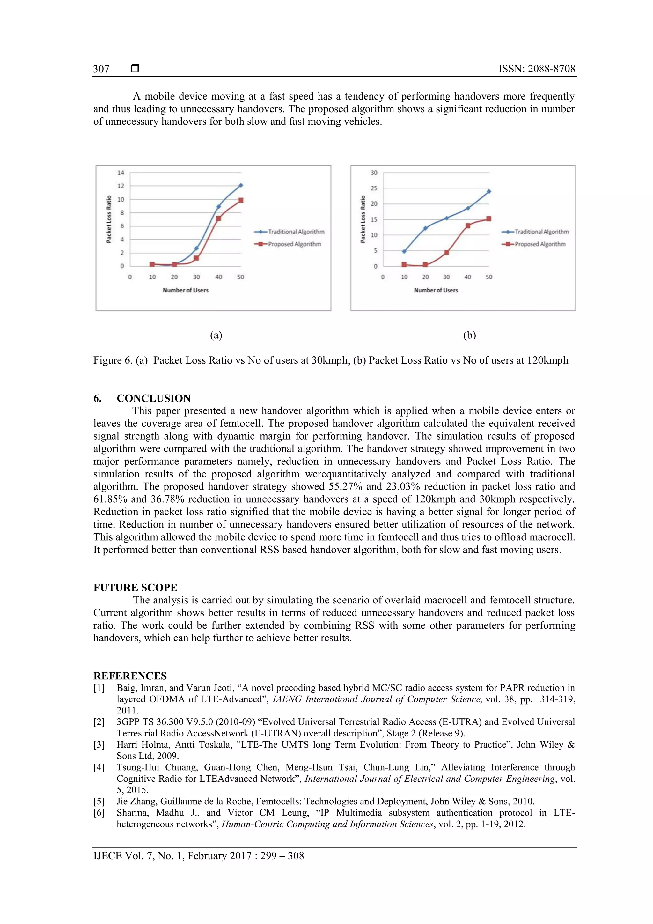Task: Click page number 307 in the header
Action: point(101,69)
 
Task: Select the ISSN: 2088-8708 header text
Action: point(536,69)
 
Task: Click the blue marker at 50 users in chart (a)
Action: point(241,185)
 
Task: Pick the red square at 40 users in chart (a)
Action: point(218,218)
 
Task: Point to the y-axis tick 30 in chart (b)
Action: point(374,173)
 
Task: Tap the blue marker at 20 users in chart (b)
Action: point(425,228)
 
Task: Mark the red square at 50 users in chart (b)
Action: point(488,218)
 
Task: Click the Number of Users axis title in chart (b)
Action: point(436,290)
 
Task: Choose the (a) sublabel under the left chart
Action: point(216,335)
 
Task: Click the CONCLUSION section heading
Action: point(153,398)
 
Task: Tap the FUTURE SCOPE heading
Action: point(135,587)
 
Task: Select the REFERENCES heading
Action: point(130,676)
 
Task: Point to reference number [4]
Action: point(99,767)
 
